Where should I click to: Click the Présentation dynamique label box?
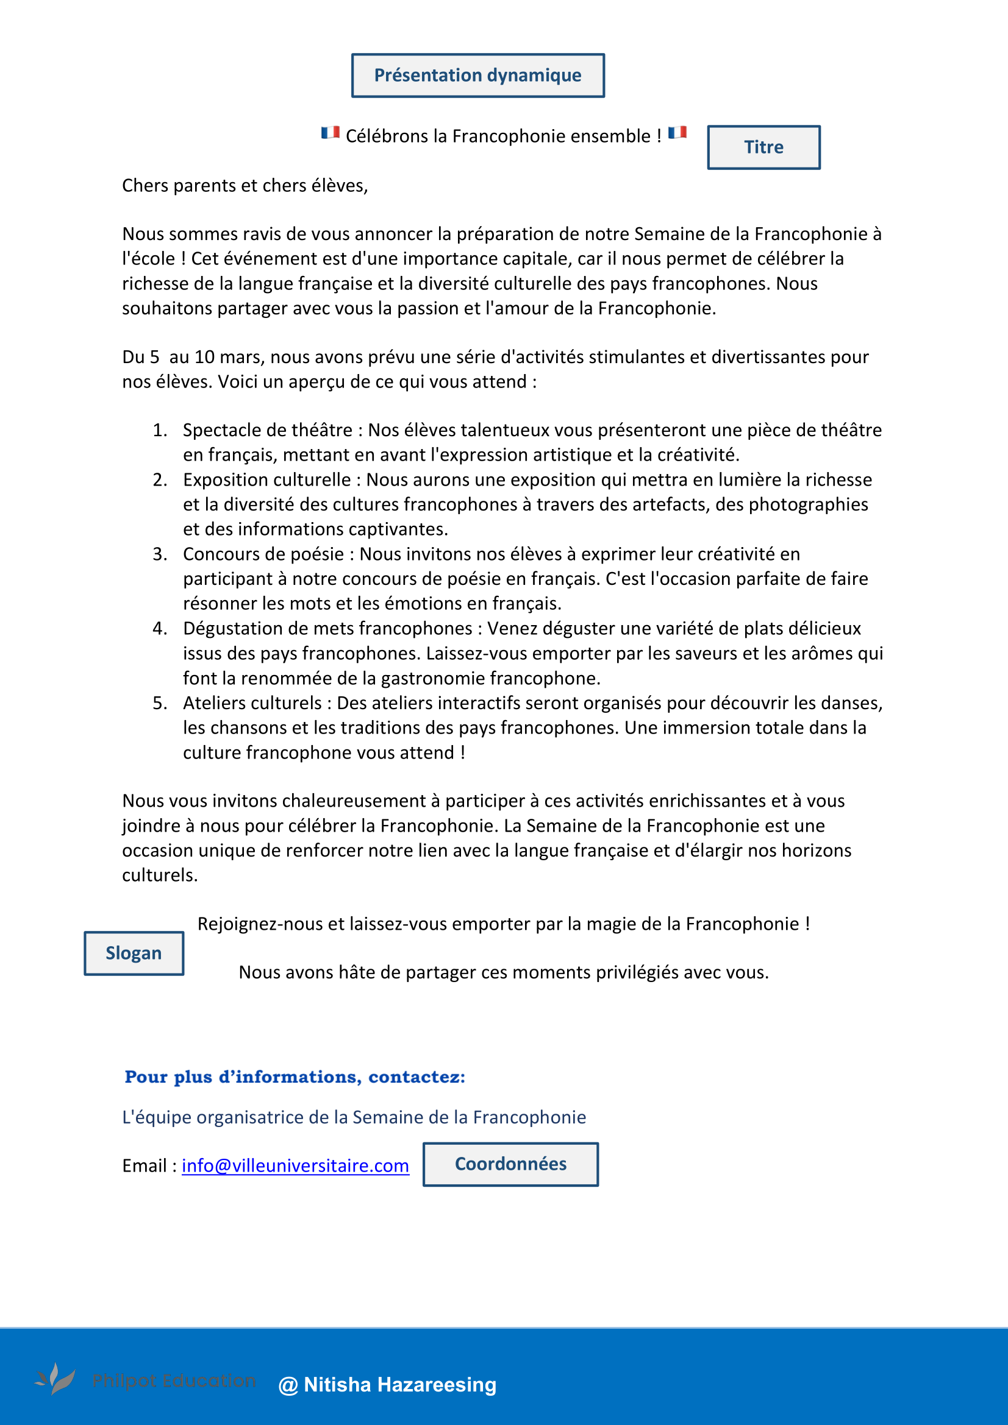[477, 75]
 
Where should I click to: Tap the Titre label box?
[763, 147]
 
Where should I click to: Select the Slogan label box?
[134, 953]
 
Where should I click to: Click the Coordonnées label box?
[510, 1164]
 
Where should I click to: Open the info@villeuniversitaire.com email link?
[295, 1165]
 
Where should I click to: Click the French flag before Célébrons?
[330, 133]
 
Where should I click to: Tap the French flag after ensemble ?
[677, 133]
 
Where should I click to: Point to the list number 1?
[160, 430]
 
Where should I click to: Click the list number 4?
[160, 628]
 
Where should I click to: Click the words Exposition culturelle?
[267, 479]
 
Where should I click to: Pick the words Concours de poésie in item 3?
[263, 554]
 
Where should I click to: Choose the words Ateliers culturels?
[252, 702]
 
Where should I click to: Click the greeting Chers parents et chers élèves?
[245, 186]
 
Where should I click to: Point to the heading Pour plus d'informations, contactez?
[295, 1077]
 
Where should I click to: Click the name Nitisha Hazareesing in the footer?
[400, 1385]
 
